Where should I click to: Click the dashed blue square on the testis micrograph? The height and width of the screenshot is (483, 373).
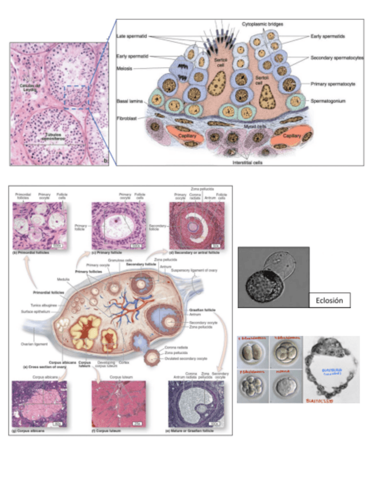point(76,95)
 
